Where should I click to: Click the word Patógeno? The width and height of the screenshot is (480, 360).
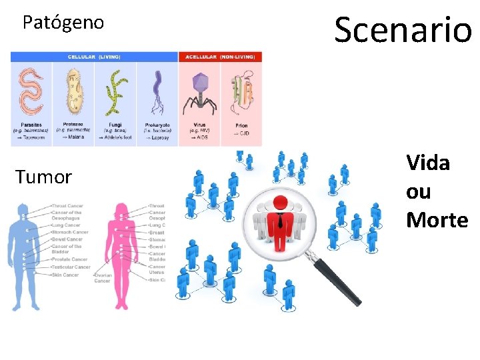pyautogui.click(x=63, y=23)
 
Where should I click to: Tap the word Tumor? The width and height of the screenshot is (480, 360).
pyautogui.click(x=43, y=177)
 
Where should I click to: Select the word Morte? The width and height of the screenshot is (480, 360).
pyautogui.click(x=437, y=220)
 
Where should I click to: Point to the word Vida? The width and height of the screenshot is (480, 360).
pyautogui.click(x=428, y=163)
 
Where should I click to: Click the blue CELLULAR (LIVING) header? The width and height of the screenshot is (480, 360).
pyautogui.click(x=94, y=57)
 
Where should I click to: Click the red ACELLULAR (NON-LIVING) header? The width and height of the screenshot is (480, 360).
pyautogui.click(x=221, y=57)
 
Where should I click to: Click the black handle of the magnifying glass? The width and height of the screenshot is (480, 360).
pyautogui.click(x=337, y=280)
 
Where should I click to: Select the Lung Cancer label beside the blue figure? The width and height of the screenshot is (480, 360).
pyautogui.click(x=66, y=225)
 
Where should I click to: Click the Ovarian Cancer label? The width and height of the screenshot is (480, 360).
pyautogui.click(x=102, y=277)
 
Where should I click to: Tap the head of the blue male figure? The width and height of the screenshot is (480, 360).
pyautogui.click(x=25, y=212)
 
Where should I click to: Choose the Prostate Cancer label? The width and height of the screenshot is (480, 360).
pyautogui.click(x=69, y=259)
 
